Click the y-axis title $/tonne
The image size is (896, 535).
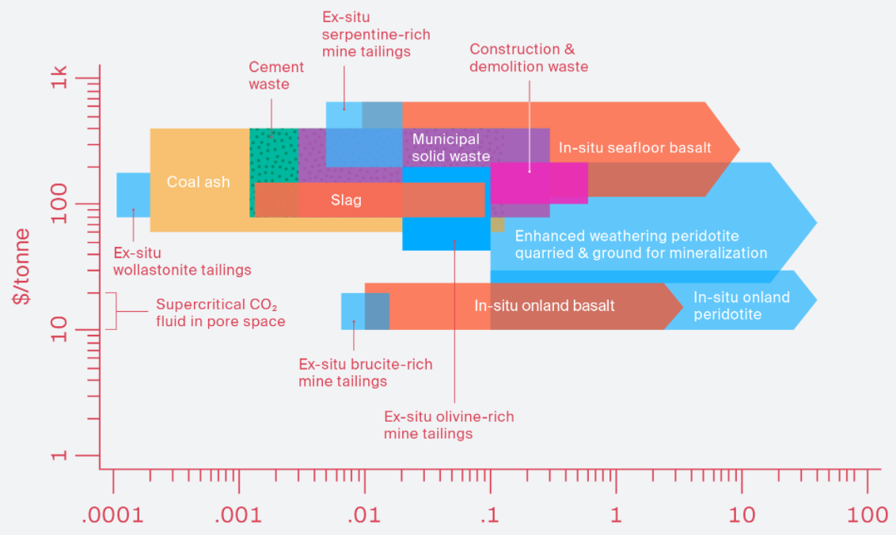(x=25, y=267)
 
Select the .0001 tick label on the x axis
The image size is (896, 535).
(x=113, y=515)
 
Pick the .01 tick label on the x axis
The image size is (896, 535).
(x=363, y=515)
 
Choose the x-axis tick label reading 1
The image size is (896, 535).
(x=616, y=515)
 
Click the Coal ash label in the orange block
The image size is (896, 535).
(x=198, y=182)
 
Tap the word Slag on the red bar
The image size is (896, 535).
(x=346, y=200)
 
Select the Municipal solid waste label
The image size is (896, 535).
(x=451, y=148)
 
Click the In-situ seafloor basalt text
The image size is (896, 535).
(x=635, y=147)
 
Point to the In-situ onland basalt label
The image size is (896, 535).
(x=545, y=305)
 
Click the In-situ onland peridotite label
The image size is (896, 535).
(x=741, y=305)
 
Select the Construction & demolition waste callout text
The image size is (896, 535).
(x=529, y=59)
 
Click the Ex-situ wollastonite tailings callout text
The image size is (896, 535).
(x=182, y=262)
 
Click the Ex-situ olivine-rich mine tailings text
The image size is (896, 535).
(x=449, y=425)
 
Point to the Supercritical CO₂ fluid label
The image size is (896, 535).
(x=220, y=313)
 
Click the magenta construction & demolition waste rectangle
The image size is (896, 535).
(x=538, y=183)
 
